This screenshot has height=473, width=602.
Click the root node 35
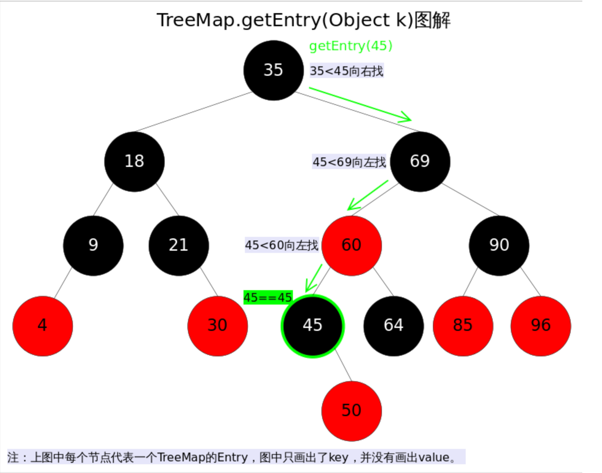(x=273, y=70)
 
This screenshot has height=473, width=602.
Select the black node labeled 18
(x=134, y=161)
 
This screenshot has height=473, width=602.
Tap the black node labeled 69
(x=420, y=161)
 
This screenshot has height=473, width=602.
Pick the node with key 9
(x=93, y=245)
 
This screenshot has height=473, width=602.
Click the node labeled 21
(x=179, y=245)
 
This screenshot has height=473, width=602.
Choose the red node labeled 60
(x=352, y=245)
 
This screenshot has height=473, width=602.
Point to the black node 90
(x=499, y=245)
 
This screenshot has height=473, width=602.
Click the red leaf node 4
(x=43, y=326)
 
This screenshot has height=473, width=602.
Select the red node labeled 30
(x=218, y=326)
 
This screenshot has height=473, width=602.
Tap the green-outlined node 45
(x=313, y=326)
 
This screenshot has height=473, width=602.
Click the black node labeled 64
(x=394, y=326)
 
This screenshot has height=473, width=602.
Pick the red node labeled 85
(x=463, y=326)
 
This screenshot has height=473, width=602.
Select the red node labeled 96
(x=541, y=326)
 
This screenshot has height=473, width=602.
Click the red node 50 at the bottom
(x=352, y=411)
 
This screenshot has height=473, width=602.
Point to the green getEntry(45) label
(x=351, y=46)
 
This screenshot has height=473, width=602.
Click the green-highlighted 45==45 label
(x=268, y=298)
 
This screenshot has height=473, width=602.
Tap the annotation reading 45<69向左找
(x=349, y=162)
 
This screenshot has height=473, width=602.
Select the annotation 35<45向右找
(x=347, y=71)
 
